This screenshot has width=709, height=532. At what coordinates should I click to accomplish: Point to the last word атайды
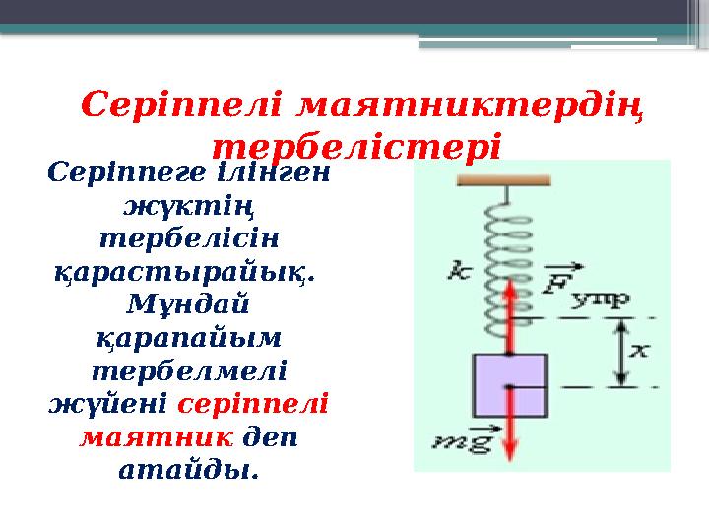[x=188, y=470]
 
